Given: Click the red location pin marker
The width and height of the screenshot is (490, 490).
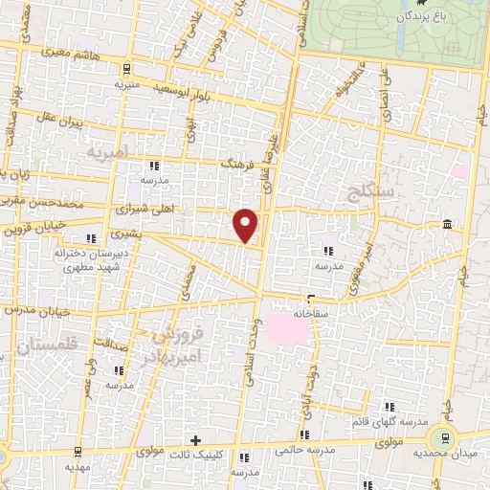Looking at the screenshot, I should (246, 224).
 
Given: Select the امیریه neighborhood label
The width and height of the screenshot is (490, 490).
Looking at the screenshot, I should (106, 153).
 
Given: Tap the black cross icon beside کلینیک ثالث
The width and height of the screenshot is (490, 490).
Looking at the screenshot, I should (196, 441).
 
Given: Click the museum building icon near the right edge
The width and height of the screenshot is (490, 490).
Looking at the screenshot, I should (448, 224).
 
